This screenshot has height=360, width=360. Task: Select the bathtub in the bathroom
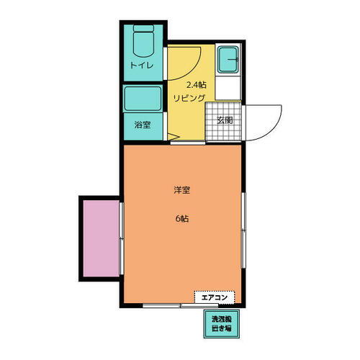(143, 98)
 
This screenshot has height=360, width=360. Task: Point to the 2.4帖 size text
(187, 84)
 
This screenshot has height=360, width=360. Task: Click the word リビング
(189, 98)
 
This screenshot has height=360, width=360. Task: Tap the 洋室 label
(182, 191)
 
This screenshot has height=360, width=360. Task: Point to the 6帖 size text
(181, 219)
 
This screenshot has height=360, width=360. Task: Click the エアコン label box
(214, 297)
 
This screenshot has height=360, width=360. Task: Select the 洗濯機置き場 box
(221, 324)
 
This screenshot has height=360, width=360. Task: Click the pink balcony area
(100, 238)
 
